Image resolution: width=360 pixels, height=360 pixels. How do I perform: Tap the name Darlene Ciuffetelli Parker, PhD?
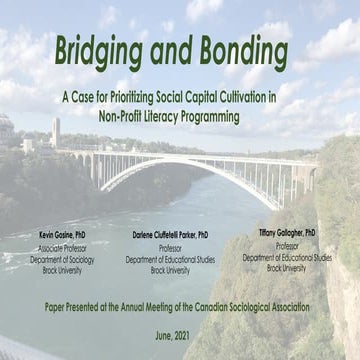(x=170, y=233)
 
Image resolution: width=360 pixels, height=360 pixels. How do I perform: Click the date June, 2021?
(x=180, y=339)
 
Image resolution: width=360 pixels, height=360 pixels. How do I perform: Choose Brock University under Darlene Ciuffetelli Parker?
(x=170, y=270)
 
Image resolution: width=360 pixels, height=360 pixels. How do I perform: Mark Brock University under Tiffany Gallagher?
(x=286, y=268)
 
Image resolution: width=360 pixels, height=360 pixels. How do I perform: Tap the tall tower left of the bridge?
(x=56, y=131)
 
